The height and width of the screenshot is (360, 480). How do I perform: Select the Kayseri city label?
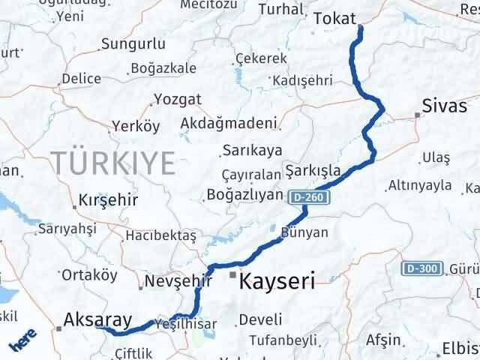pyautogui.click(x=277, y=282)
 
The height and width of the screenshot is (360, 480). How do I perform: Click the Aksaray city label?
pyautogui.click(x=97, y=318)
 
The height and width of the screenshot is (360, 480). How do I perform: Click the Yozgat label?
pyautogui.click(x=178, y=99)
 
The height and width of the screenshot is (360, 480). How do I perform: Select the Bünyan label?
pyautogui.click(x=304, y=232)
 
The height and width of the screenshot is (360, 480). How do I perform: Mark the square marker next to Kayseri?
pyautogui.click(x=232, y=276)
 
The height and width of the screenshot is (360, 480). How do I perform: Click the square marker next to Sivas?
pyautogui.click(x=417, y=115)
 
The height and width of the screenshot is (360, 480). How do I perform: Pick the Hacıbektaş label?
pyautogui.click(x=160, y=235)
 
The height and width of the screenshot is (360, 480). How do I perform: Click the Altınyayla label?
pyautogui.click(x=420, y=185)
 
